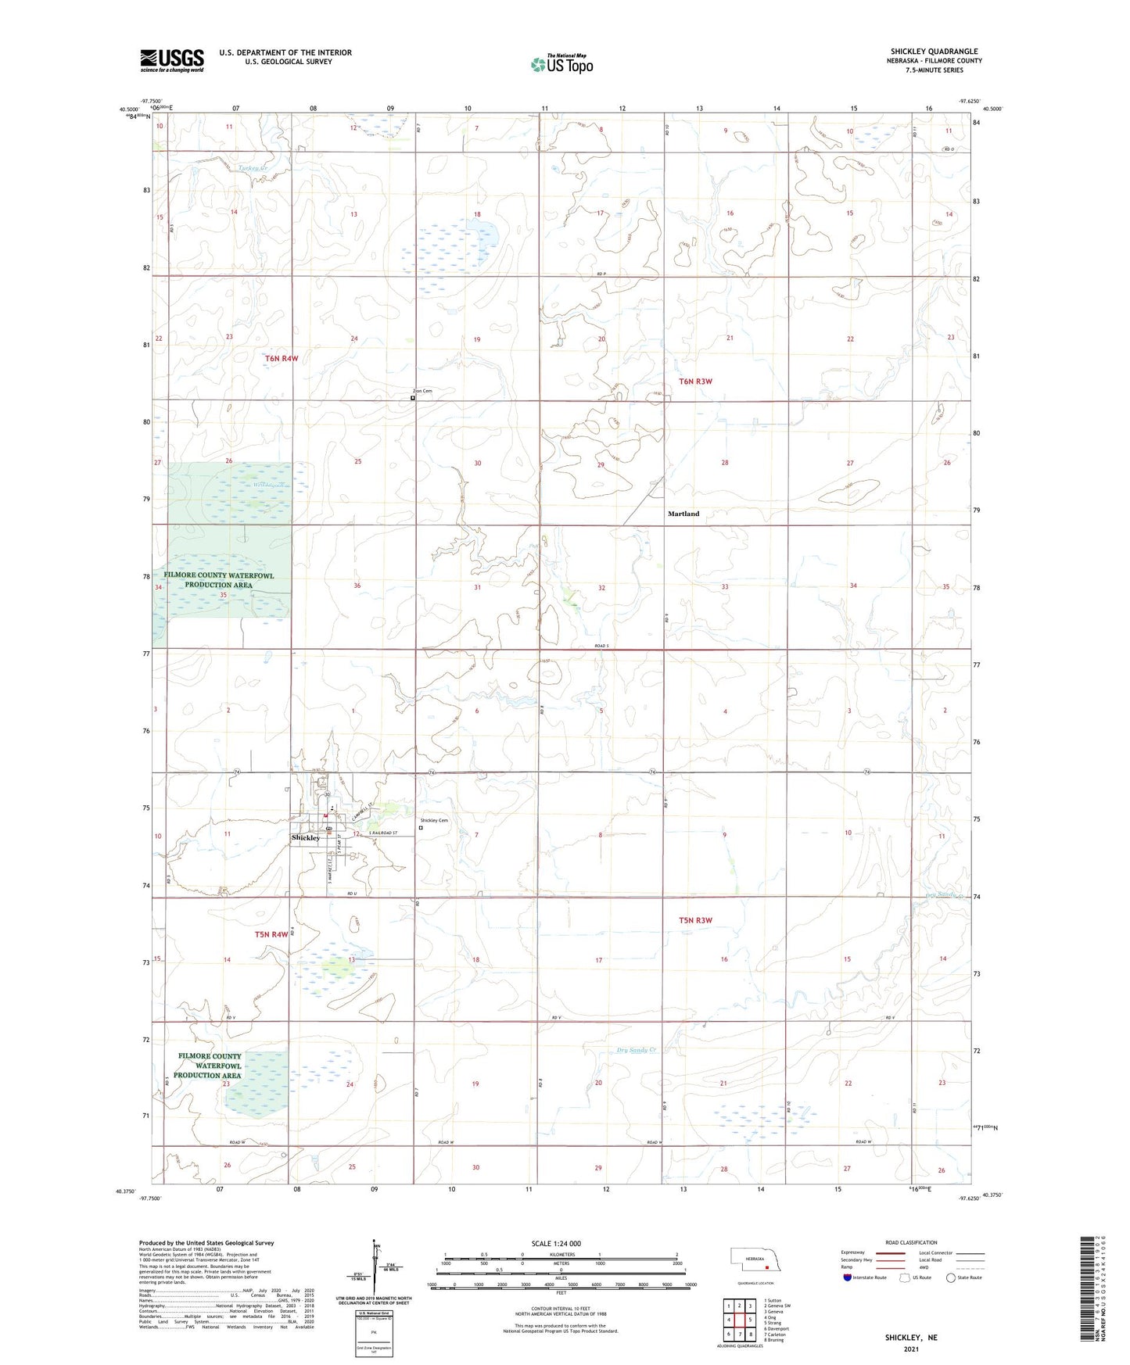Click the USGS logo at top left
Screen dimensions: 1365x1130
click(x=172, y=60)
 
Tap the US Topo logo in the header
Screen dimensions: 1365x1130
click(x=561, y=63)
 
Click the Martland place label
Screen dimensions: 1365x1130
click(x=683, y=514)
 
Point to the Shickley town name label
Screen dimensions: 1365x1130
click(x=306, y=837)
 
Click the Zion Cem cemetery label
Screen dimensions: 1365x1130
click(x=422, y=391)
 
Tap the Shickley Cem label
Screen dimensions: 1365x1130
click(x=434, y=820)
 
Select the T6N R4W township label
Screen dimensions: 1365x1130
click(x=282, y=358)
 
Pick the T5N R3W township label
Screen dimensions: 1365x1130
click(x=695, y=920)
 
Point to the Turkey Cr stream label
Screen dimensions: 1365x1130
click(x=253, y=167)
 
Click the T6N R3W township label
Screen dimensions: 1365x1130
click(x=695, y=381)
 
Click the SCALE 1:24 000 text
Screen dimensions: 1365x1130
click(x=556, y=1243)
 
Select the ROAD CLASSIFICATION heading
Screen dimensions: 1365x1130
click(x=911, y=1242)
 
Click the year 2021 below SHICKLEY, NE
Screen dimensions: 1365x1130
click(x=911, y=1349)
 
